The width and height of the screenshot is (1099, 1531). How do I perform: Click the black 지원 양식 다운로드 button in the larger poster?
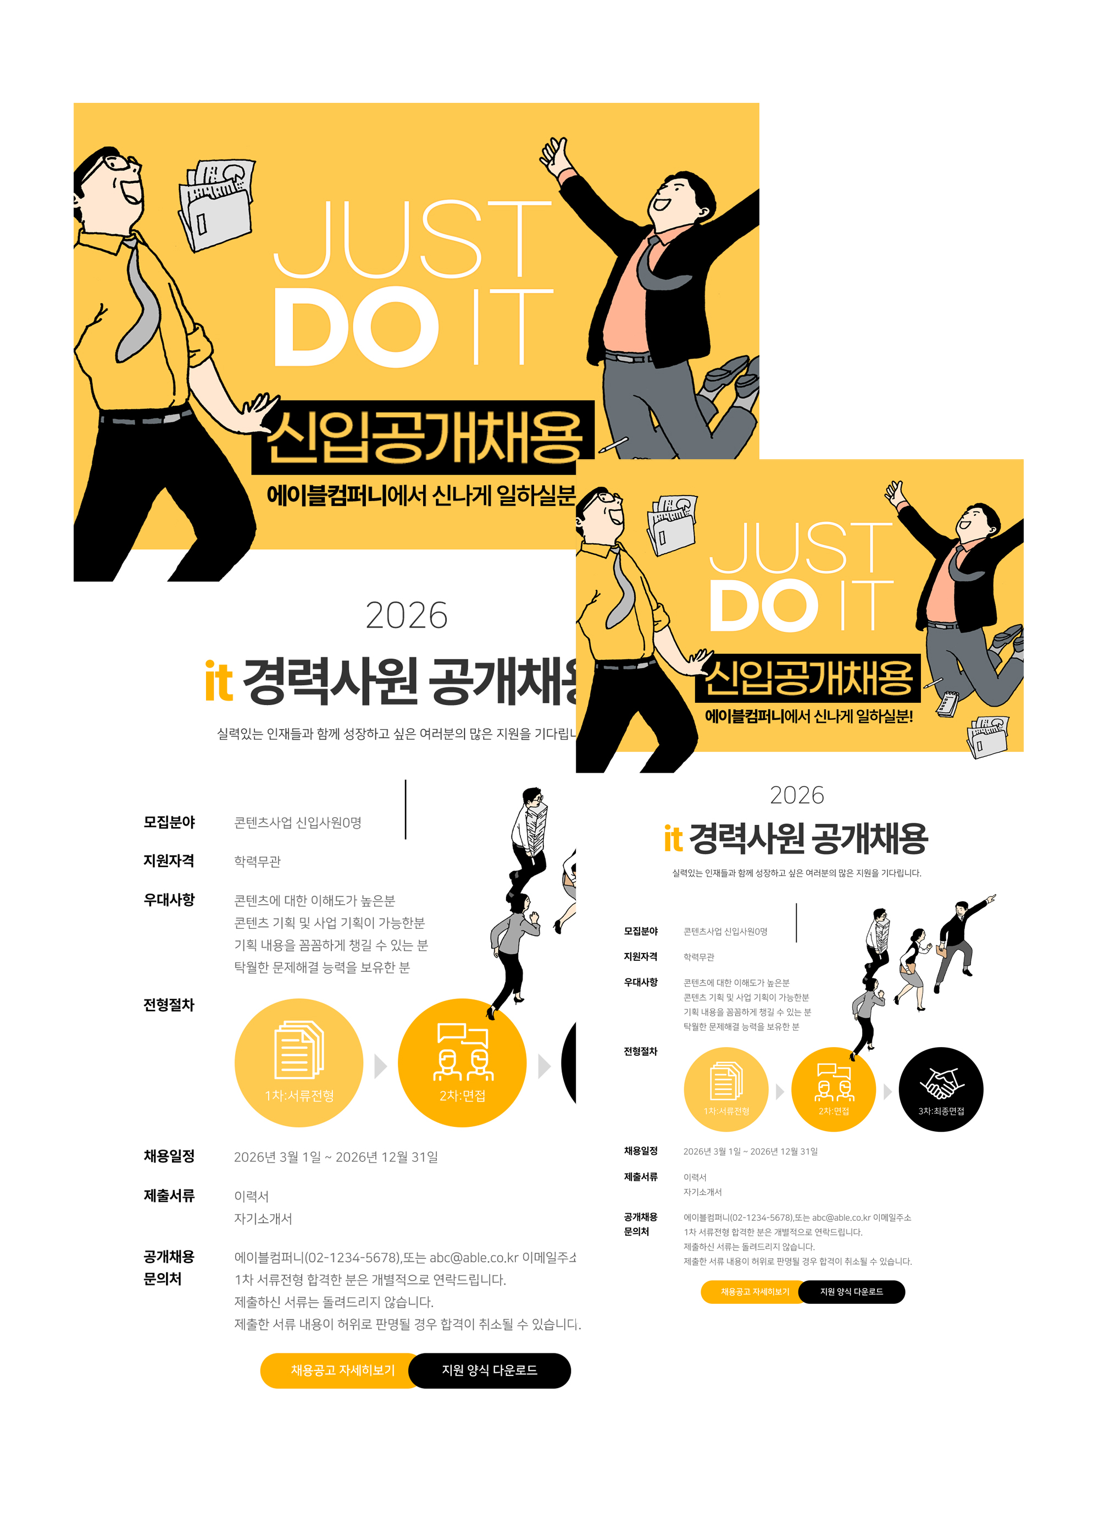coord(489,1370)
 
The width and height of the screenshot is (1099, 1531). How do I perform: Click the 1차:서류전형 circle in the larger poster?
coord(299,1062)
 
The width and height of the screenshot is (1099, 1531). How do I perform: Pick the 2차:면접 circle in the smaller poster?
coord(833,1089)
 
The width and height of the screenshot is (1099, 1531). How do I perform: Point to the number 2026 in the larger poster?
coord(407,615)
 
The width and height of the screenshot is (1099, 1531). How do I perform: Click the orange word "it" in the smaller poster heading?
coord(673,839)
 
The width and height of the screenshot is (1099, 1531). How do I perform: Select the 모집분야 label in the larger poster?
coord(169,822)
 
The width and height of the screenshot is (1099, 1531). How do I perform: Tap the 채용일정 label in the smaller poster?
coord(640,1151)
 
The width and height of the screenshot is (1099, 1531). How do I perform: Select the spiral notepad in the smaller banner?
coord(948,704)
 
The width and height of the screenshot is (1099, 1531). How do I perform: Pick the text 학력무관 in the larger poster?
coord(257,861)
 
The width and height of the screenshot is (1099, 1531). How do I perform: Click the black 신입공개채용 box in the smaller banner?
coord(808,678)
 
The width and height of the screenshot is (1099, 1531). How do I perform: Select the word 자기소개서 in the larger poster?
coord(263,1219)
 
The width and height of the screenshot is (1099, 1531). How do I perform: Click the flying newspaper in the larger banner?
coord(216,204)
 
